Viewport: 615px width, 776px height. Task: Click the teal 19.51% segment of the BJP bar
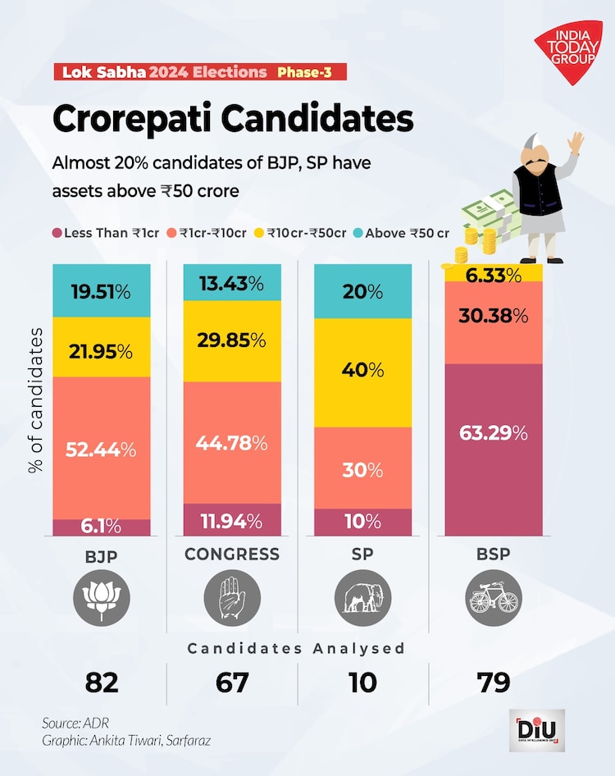click(x=102, y=290)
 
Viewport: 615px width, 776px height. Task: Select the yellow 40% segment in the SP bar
click(x=363, y=372)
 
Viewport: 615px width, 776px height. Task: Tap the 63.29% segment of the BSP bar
click(x=494, y=450)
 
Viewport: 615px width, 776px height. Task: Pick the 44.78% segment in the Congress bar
click(x=232, y=442)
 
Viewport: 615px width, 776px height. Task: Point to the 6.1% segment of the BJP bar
click(x=102, y=527)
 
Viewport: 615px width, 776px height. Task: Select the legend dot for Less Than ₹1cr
click(x=58, y=233)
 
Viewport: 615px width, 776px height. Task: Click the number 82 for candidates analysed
click(x=102, y=682)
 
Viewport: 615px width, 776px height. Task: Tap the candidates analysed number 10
click(x=363, y=682)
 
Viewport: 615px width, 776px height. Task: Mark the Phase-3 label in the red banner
click(x=304, y=72)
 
